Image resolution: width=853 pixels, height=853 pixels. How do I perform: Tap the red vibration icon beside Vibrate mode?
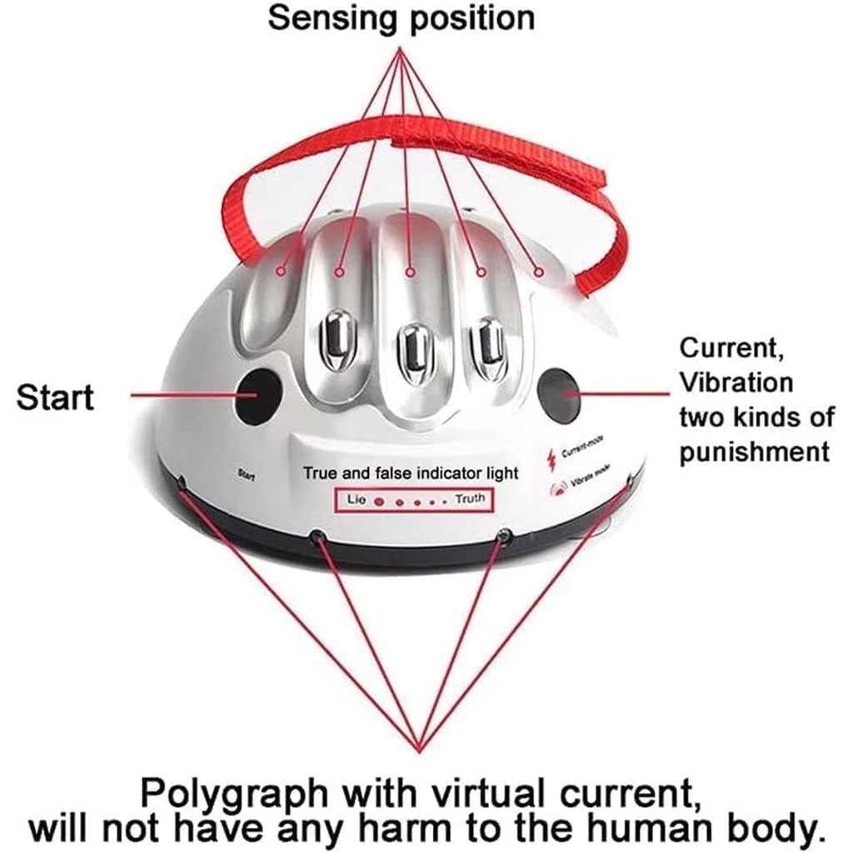pos(556,489)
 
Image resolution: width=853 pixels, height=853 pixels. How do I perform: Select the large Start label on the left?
pos(55,397)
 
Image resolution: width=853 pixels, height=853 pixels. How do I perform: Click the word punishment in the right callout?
pos(755,451)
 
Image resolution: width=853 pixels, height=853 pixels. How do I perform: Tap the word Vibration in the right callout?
pos(736,382)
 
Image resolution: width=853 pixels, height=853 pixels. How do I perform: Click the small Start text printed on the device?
pos(246,475)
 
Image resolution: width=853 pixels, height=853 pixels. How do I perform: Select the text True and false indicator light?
pos(411,473)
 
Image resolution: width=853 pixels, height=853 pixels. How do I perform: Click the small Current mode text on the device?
pos(583,451)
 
